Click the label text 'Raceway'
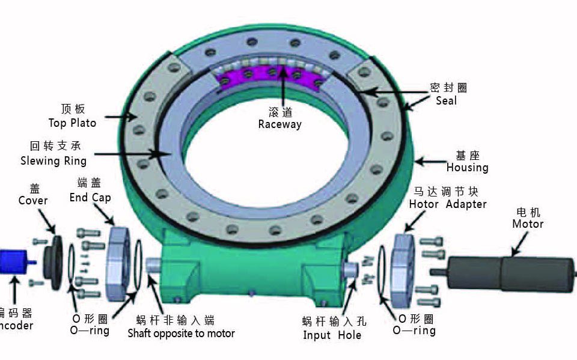point(279,124)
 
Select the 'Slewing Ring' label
point(53,160)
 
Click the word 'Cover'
point(33,200)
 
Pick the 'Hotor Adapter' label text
point(448,204)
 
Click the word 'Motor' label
point(528,224)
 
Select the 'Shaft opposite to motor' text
point(181,333)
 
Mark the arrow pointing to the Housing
point(429,161)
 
